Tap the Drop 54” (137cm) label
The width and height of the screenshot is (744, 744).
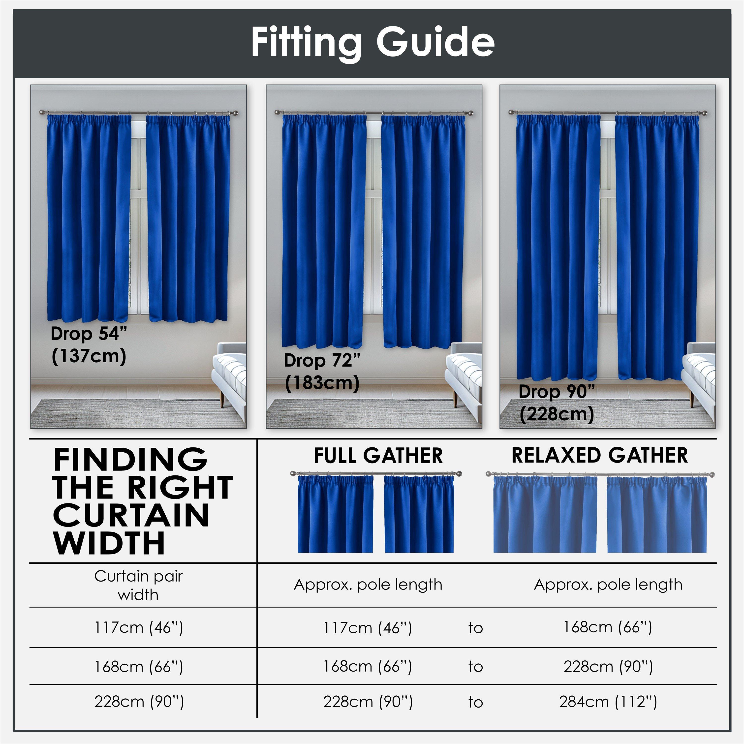(x=89, y=345)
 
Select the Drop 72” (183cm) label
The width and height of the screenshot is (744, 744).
(x=322, y=372)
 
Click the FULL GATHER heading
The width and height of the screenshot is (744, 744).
(x=378, y=456)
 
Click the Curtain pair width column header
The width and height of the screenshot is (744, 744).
(x=138, y=585)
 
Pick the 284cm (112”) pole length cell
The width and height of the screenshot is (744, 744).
(x=608, y=702)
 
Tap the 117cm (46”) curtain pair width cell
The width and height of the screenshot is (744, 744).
(x=139, y=627)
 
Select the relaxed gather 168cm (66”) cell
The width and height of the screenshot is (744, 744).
(x=608, y=627)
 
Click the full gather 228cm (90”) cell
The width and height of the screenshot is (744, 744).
(x=368, y=702)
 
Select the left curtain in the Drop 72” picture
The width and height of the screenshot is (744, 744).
(x=323, y=231)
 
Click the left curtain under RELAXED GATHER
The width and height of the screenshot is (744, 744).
(x=545, y=516)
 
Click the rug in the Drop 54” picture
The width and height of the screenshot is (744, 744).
(x=127, y=414)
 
